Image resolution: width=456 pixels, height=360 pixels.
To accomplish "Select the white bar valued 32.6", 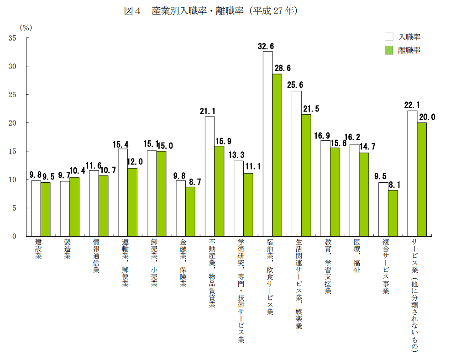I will coord(267,143).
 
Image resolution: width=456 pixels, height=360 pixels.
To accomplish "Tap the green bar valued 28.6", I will coord(277,155).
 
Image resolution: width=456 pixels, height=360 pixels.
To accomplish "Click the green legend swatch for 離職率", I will coord(389,50).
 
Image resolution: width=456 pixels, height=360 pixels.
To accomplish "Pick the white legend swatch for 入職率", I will coord(389,37).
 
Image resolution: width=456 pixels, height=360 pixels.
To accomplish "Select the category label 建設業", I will coord(38,249).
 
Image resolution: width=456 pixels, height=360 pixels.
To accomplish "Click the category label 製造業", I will coord(67,249).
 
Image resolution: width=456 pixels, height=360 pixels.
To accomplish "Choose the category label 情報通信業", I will coord(96,255).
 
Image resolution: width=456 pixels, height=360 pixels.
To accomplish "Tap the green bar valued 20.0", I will coord(422,179).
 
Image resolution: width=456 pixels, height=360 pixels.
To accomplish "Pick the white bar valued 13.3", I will coord(239,198).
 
